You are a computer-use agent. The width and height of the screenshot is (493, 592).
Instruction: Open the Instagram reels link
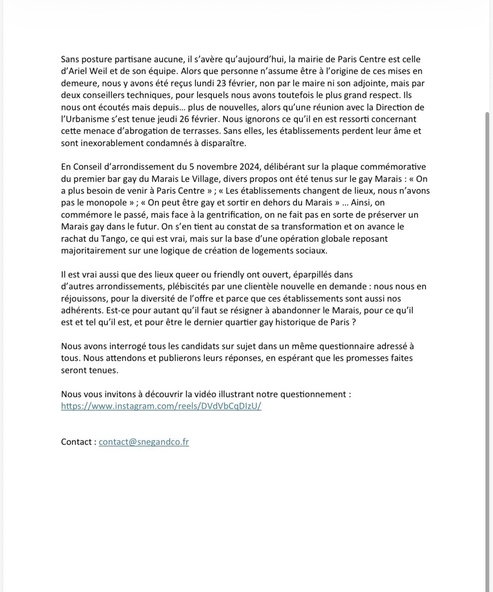click(x=161, y=406)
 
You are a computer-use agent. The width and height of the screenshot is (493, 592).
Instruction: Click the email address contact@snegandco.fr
click(x=144, y=442)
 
